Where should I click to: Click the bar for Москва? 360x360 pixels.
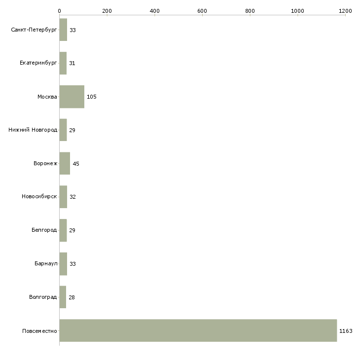[72, 97]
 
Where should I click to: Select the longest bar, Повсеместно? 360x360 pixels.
[198, 330]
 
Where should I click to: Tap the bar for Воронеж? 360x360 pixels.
[65, 163]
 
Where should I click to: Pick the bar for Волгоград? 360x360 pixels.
[63, 297]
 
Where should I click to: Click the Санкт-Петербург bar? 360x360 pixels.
[63, 30]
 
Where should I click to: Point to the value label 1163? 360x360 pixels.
[346, 331]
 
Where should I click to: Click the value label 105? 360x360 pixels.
[91, 97]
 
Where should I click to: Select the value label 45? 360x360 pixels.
[76, 163]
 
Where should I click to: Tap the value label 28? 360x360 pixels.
[72, 297]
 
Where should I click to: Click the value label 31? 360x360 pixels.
[72, 63]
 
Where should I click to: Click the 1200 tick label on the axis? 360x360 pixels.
[345, 11]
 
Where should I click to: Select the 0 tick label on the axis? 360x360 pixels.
[60, 11]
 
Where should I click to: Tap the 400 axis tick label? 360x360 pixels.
[154, 11]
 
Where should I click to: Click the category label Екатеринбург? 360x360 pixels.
[38, 63]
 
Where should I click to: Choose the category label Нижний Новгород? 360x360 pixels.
[33, 130]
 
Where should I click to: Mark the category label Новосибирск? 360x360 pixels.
[39, 197]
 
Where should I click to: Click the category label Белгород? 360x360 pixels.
[44, 230]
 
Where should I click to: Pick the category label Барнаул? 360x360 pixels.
[46, 263]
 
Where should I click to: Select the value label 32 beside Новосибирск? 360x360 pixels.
[72, 197]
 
